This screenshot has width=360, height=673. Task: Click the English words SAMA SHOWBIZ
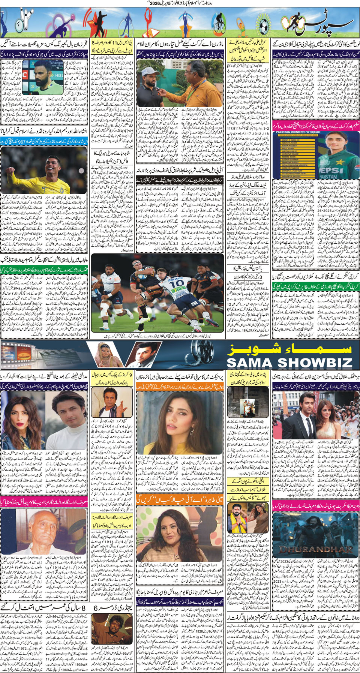(x=289, y=362)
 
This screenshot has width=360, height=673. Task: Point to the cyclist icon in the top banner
(x=218, y=24)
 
